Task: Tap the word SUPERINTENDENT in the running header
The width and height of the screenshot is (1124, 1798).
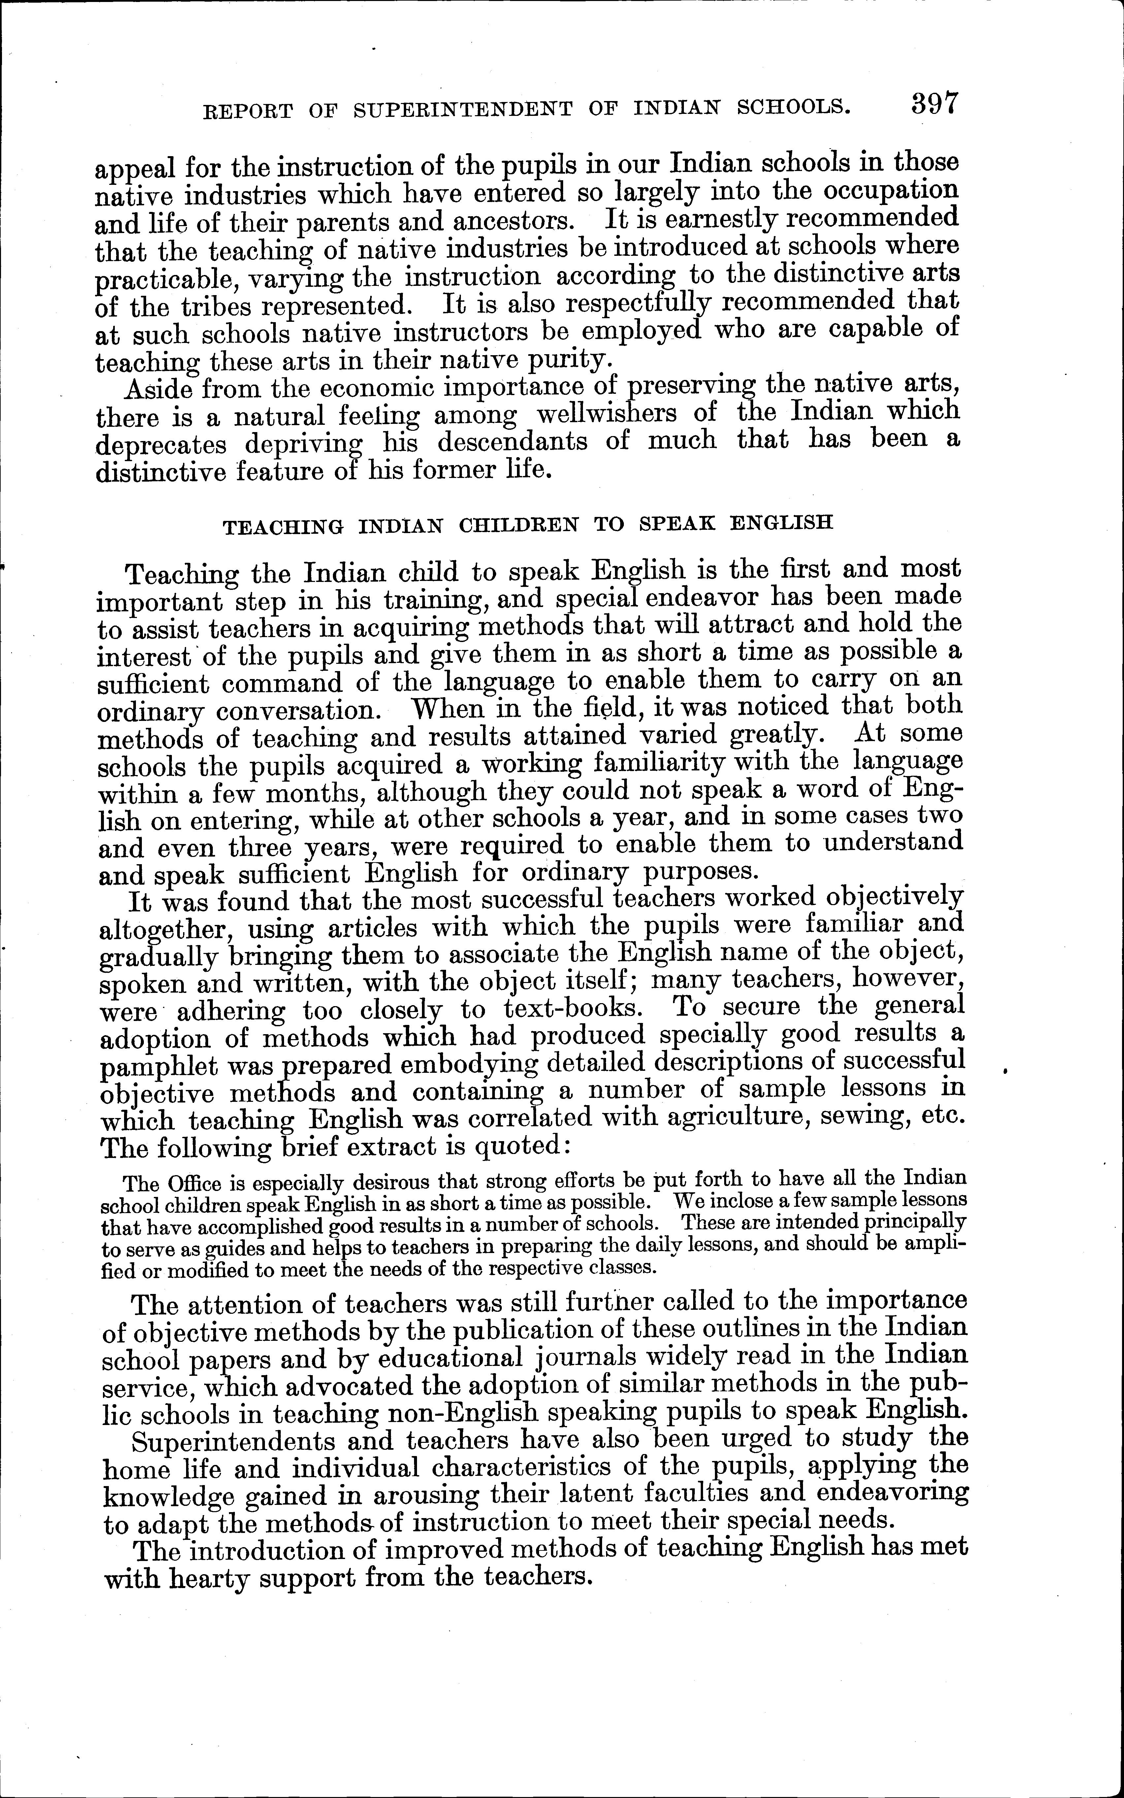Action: (463, 109)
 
